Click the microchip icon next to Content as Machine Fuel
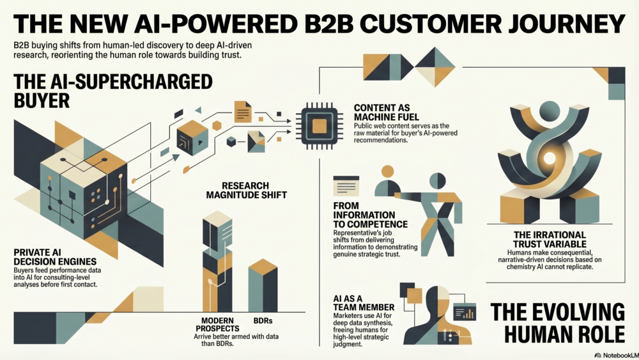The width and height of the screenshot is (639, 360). pos(319,120)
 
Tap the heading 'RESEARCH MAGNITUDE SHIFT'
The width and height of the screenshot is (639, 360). pos(237,191)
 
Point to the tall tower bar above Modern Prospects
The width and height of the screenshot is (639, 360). pos(217,262)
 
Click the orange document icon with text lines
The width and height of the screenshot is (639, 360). pos(243,111)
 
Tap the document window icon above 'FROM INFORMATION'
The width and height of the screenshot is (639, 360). pos(346,185)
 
